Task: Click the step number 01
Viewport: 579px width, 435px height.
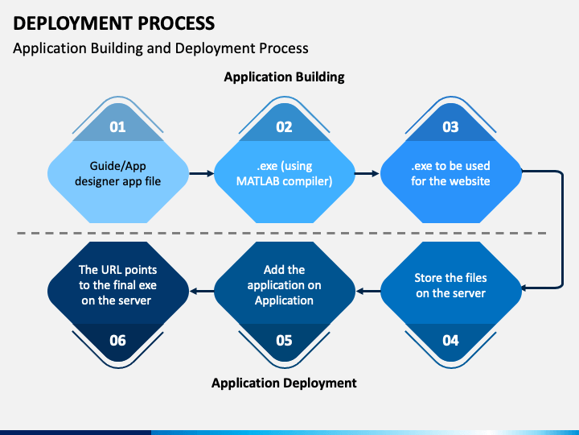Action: pos(117,127)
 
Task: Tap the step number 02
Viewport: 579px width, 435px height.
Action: pos(284,127)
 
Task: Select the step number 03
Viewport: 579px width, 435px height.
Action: pos(450,127)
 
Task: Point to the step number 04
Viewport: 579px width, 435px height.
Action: pos(450,340)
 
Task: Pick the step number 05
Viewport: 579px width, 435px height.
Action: pos(284,340)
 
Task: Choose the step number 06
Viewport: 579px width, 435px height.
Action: pos(117,340)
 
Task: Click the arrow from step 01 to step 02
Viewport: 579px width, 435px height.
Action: pos(202,173)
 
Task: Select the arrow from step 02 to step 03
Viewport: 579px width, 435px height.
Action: pos(367,173)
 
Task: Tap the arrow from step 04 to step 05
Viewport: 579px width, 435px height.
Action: pos(368,292)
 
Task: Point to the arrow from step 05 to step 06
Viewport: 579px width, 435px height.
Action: pos(202,292)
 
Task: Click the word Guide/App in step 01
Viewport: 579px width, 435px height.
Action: pos(117,166)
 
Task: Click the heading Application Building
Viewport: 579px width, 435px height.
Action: pos(285,77)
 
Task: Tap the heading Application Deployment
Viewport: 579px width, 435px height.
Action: pos(284,383)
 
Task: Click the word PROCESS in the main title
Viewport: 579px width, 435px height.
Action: pos(176,23)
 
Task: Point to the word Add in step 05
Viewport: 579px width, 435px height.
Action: pos(271,270)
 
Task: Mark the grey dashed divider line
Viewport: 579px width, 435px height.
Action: pos(281,234)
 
